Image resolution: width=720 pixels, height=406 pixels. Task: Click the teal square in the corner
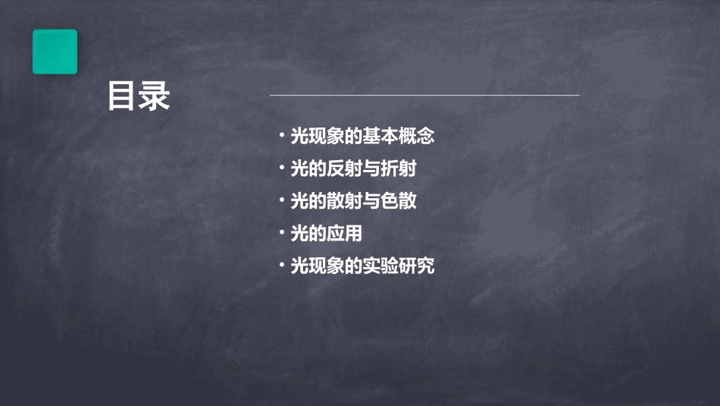pyautogui.click(x=55, y=52)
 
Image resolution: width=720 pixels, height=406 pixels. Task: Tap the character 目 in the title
pyautogui.click(x=122, y=97)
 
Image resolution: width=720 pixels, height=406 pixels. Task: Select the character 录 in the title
pyautogui.click(x=155, y=97)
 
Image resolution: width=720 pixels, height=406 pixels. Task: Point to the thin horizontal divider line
pyautogui.click(x=424, y=96)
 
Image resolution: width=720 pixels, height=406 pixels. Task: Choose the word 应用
pyautogui.click(x=345, y=234)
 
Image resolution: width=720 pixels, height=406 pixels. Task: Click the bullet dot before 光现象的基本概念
pyautogui.click(x=281, y=137)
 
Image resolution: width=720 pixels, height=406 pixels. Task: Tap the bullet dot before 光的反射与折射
pyautogui.click(x=281, y=168)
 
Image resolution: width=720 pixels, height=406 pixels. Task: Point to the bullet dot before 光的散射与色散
pyautogui.click(x=281, y=201)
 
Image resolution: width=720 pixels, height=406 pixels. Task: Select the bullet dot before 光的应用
pyautogui.click(x=281, y=234)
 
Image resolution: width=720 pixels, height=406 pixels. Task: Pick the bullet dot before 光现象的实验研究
pyautogui.click(x=281, y=266)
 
